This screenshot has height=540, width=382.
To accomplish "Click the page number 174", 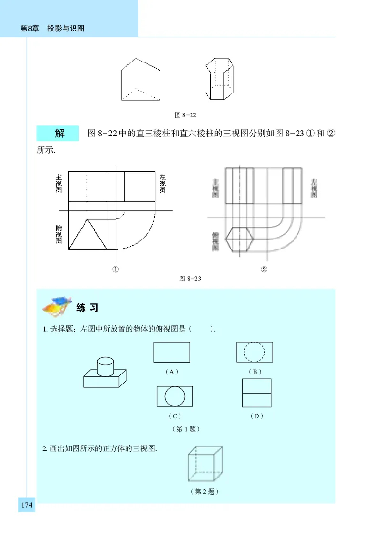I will (27, 505).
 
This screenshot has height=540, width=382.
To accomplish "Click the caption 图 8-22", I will (186, 115).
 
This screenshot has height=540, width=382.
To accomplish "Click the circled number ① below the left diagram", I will (115, 269).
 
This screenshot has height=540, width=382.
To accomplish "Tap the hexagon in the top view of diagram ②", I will (239, 239).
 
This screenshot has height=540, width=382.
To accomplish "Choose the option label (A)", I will (171, 372).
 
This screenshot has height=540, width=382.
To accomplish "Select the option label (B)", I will (255, 372).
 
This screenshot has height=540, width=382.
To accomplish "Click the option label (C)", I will (174, 416).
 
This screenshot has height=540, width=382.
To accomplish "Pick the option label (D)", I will (256, 416).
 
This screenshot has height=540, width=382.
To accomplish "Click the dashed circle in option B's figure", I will (255, 352).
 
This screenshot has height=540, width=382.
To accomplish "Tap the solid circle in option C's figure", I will (175, 396).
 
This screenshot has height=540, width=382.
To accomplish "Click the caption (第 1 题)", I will (185, 429).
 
